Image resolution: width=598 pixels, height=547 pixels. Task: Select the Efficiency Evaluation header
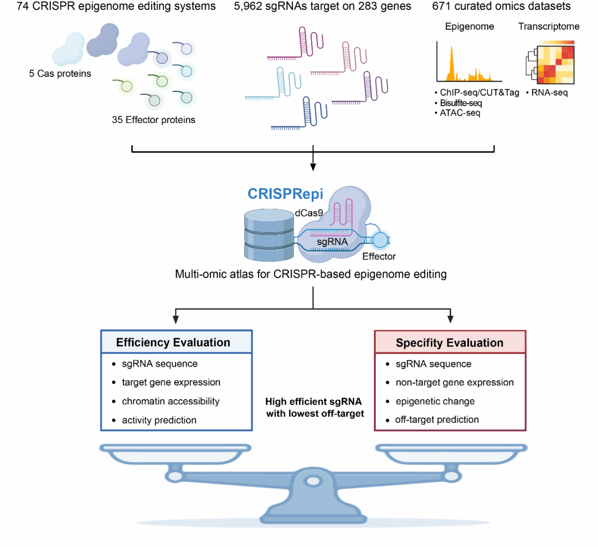click(173, 342)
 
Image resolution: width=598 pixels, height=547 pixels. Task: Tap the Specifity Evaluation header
click(450, 343)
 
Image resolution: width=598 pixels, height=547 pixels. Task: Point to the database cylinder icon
click(268, 236)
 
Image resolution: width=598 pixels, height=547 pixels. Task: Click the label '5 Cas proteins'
click(60, 74)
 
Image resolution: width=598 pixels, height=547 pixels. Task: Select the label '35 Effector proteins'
click(153, 120)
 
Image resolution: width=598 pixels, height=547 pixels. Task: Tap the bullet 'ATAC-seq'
click(459, 113)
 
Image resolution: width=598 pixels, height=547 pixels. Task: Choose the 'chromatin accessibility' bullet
click(171, 401)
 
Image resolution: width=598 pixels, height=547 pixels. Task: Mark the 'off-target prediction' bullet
click(437, 420)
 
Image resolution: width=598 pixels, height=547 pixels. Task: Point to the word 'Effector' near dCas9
click(379, 257)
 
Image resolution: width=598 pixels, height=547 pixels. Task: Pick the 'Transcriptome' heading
click(549, 26)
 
